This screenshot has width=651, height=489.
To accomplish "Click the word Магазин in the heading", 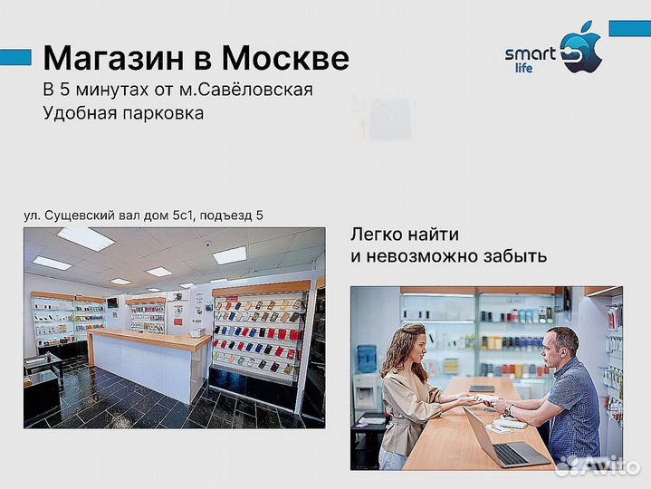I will click(x=116, y=59).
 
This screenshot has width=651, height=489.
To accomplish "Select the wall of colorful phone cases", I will click(x=256, y=334).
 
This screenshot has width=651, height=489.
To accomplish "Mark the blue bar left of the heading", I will click(x=15, y=58).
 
